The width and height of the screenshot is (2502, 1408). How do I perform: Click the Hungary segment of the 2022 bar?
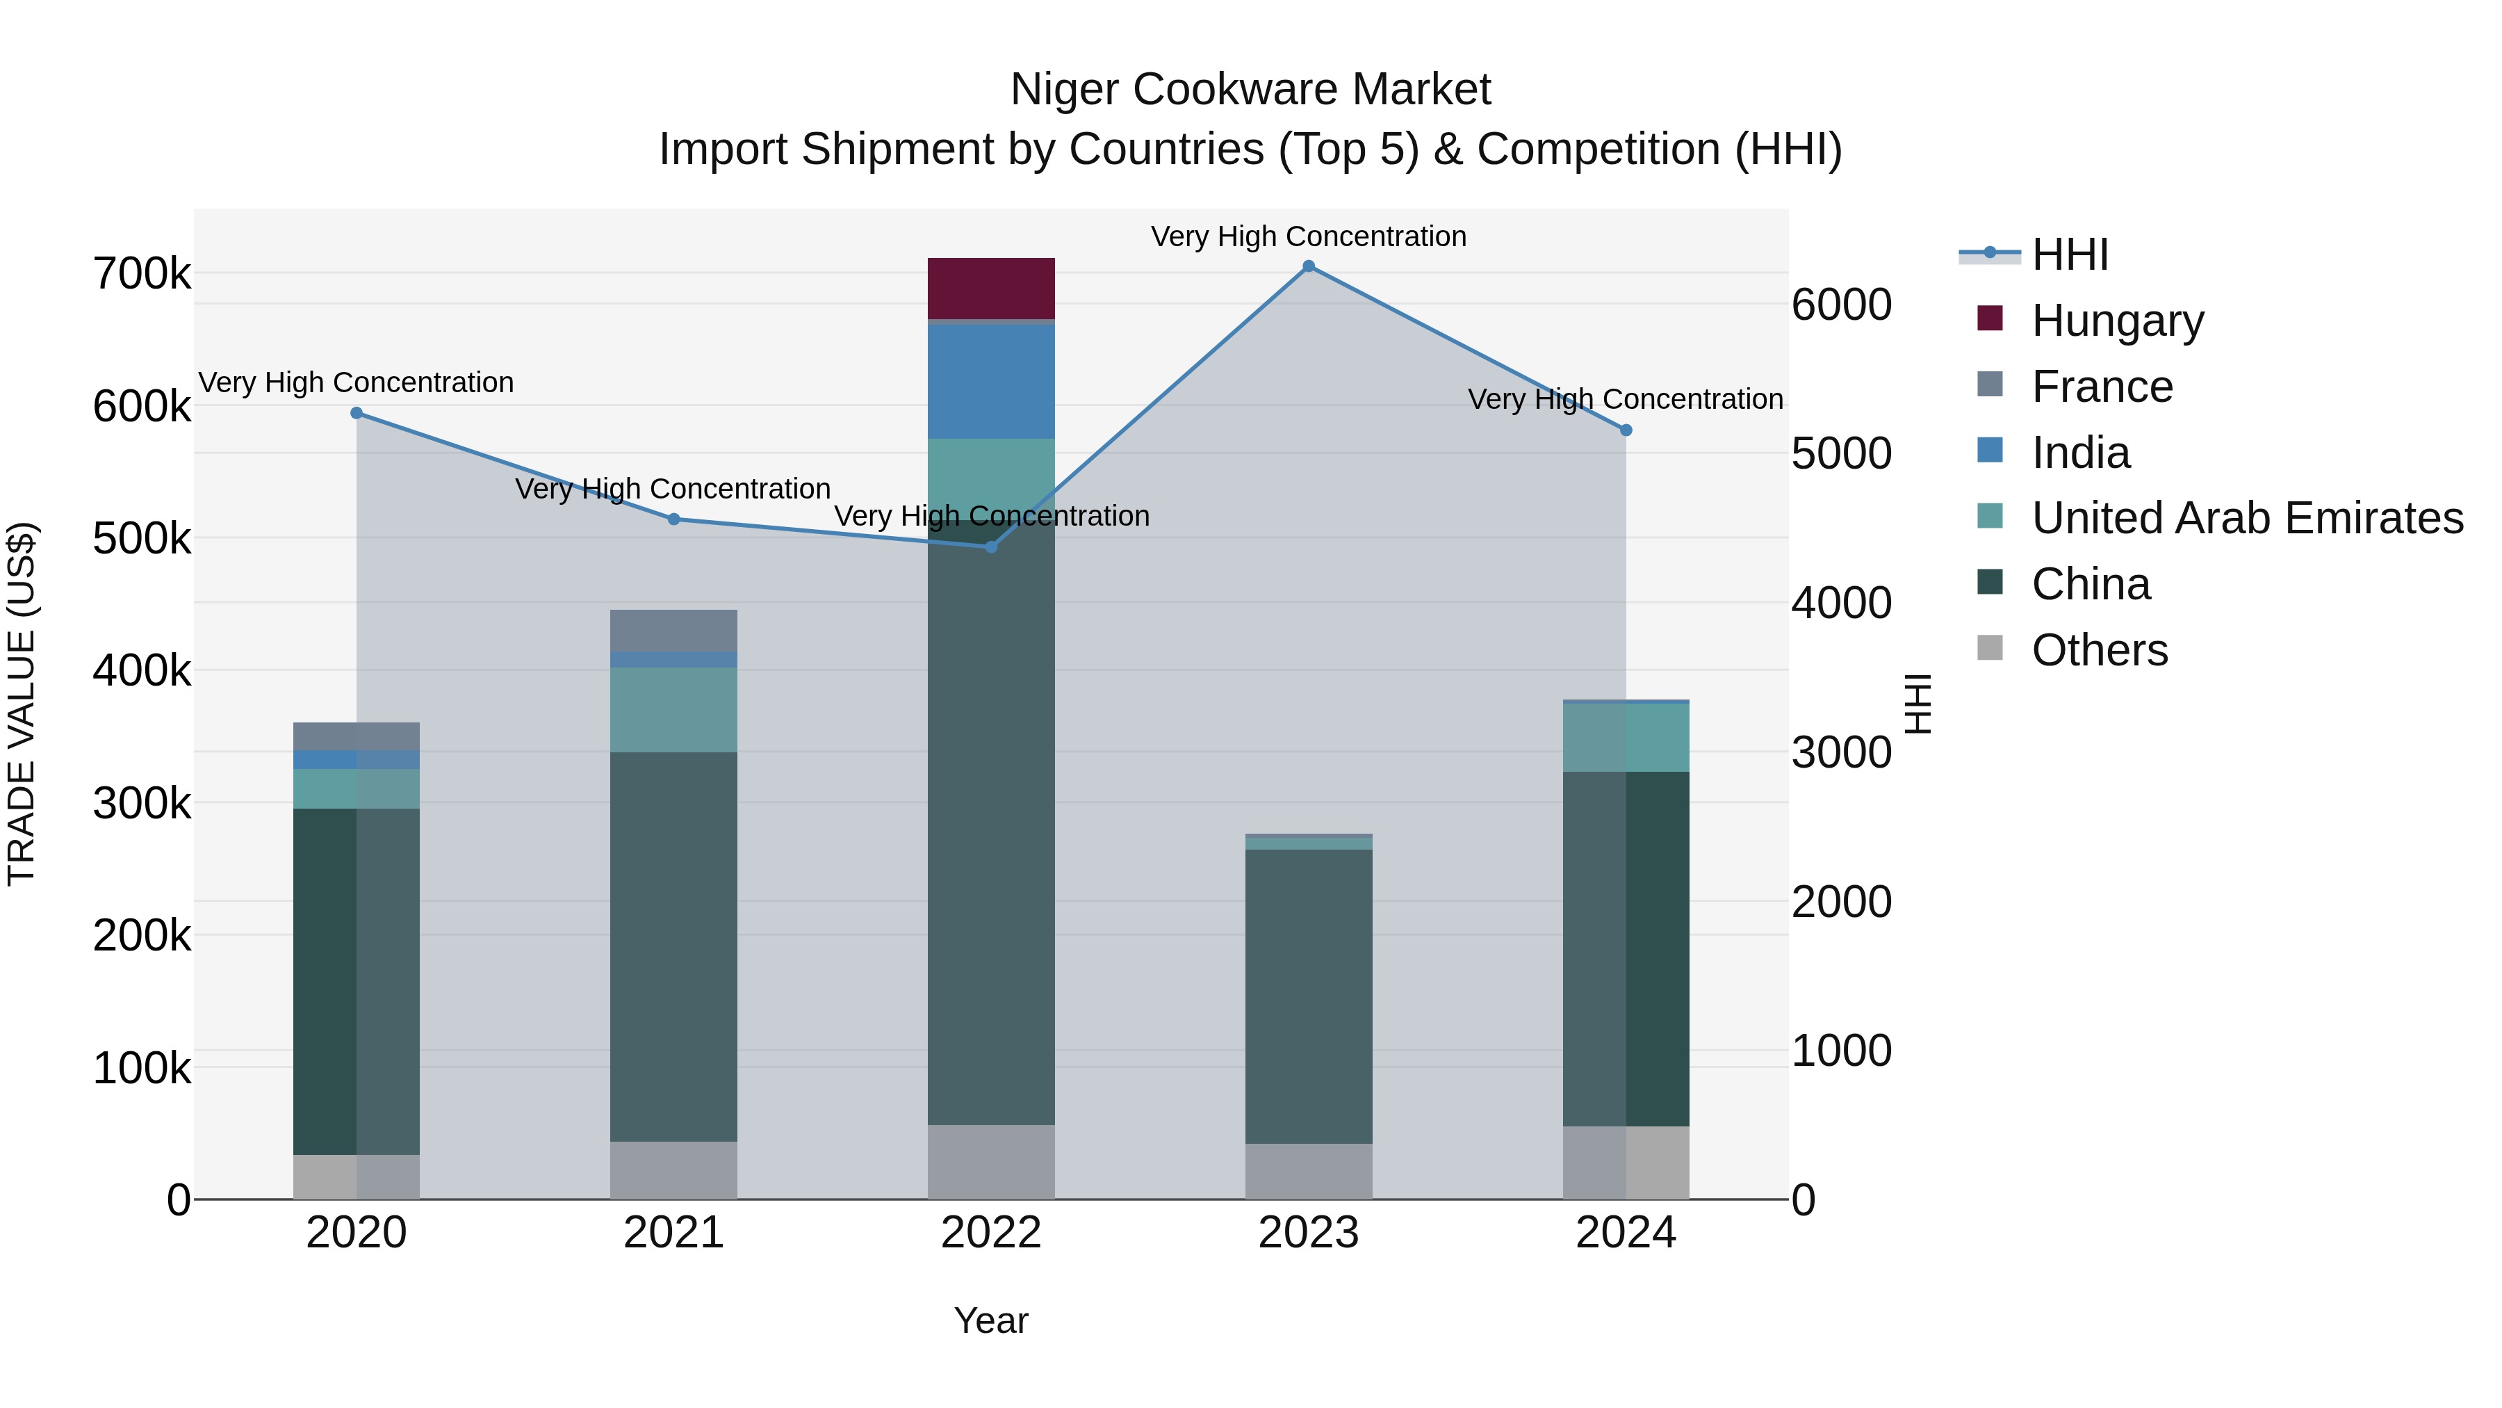click(990, 288)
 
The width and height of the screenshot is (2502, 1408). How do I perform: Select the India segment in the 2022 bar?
click(990, 381)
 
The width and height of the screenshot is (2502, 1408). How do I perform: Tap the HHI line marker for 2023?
click(1308, 266)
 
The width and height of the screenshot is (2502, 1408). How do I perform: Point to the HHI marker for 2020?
click(357, 413)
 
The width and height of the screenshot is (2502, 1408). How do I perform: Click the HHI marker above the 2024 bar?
click(1626, 430)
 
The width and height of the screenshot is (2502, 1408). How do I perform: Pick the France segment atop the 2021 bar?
click(673, 631)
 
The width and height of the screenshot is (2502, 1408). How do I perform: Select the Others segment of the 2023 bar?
click(1308, 1171)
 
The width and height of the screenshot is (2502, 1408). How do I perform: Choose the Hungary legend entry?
click(2118, 321)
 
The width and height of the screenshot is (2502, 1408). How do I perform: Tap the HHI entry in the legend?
click(2069, 254)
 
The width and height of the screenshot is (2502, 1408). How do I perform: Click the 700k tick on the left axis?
click(142, 274)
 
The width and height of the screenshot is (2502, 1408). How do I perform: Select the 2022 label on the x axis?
click(990, 1233)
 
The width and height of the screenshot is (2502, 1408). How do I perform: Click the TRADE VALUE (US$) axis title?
click(22, 704)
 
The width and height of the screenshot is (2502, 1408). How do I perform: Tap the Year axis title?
click(990, 1320)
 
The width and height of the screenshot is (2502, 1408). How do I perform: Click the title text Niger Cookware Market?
click(1250, 90)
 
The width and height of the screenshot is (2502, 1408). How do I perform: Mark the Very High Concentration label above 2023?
click(1308, 236)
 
